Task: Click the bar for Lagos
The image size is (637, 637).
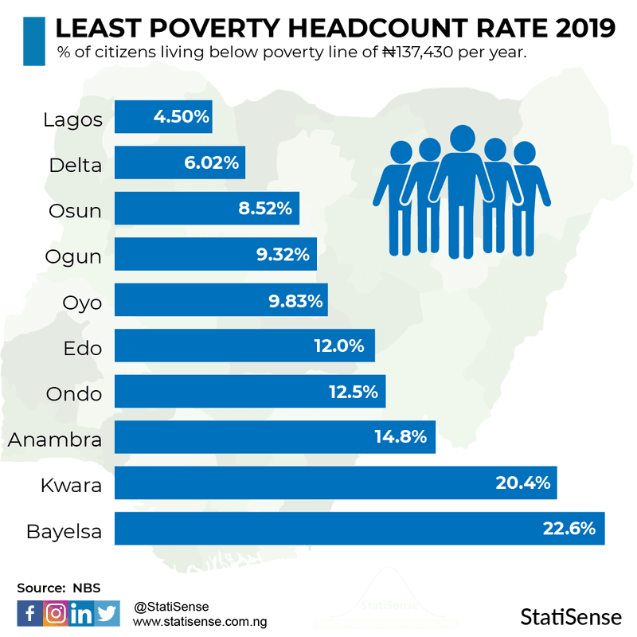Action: click(163, 117)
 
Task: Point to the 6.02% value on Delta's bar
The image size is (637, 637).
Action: click(211, 163)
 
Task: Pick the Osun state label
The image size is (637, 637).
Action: click(76, 210)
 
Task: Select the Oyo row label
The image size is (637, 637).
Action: click(82, 303)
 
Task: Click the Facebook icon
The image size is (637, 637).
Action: click(29, 613)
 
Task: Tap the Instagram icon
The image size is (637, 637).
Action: click(55, 613)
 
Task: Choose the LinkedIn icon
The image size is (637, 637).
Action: click(81, 613)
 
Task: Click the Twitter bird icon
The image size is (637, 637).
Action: click(107, 613)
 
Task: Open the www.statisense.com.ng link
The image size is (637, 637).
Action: click(200, 620)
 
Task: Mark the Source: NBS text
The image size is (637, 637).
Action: click(59, 588)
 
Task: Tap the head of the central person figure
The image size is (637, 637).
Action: click(462, 139)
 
